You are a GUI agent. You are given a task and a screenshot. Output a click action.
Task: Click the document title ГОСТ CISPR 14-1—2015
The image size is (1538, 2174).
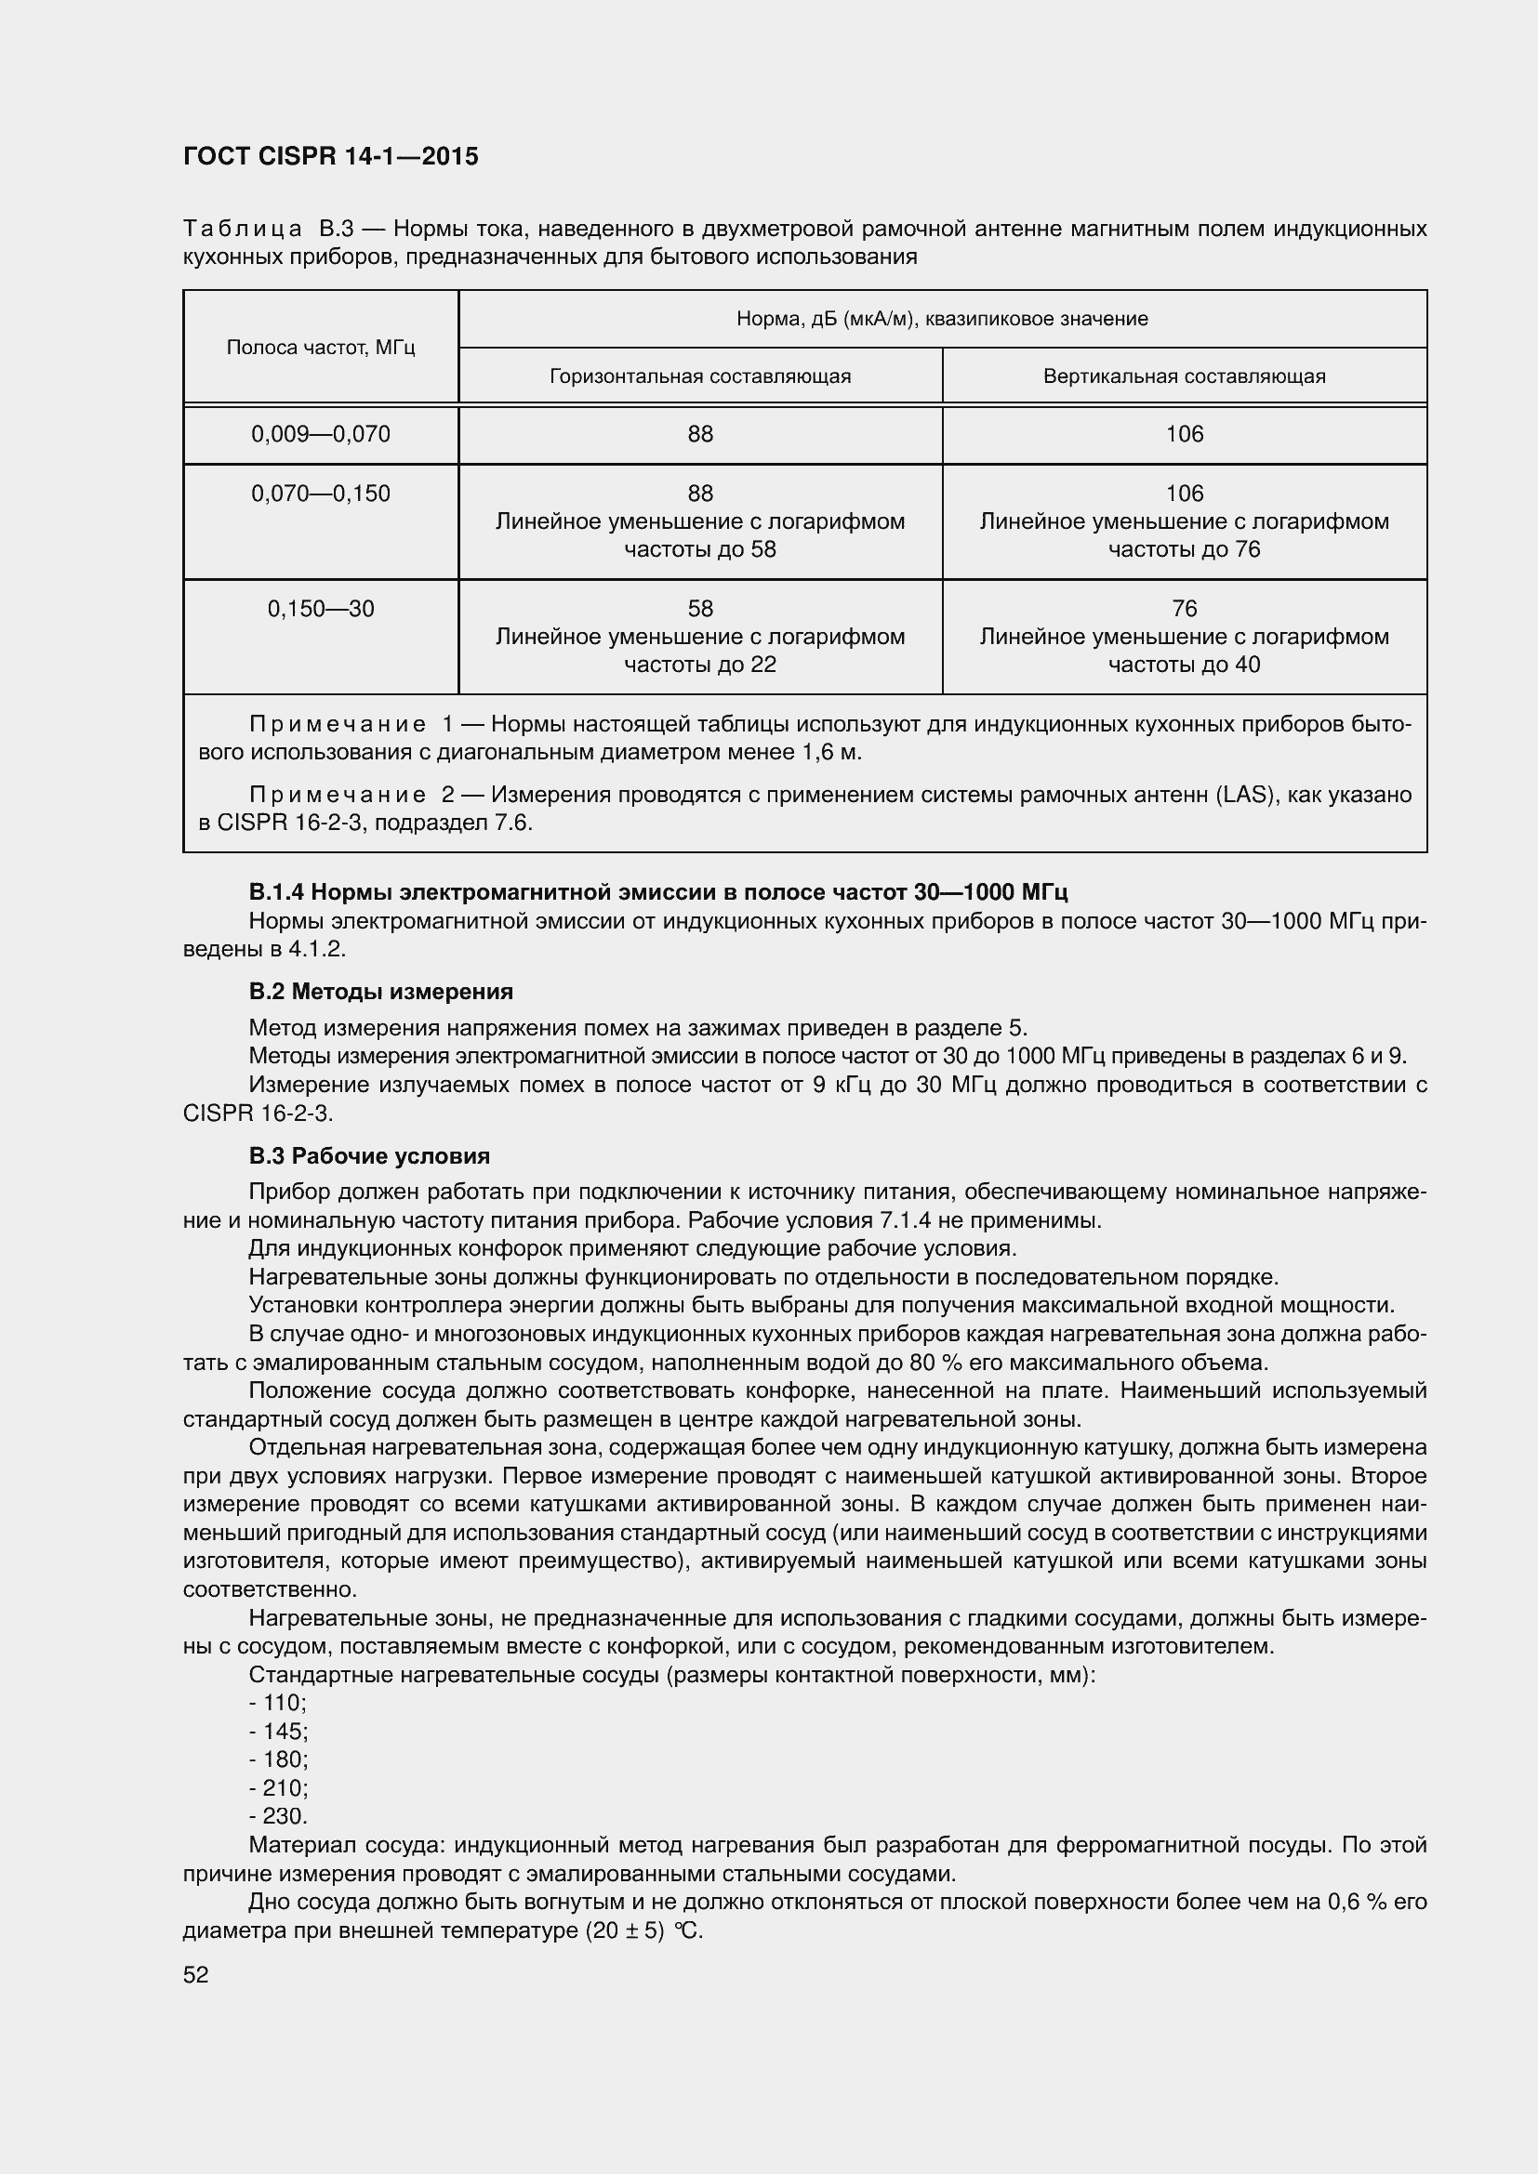coord(330,157)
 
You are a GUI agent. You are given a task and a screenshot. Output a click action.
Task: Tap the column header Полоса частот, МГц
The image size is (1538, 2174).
coord(321,348)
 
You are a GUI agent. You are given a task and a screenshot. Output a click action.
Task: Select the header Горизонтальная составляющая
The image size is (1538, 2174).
coord(700,376)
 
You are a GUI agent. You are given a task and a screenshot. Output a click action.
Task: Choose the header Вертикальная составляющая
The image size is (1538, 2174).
coord(1184,376)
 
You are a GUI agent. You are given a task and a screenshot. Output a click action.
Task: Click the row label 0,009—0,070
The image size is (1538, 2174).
coord(321,435)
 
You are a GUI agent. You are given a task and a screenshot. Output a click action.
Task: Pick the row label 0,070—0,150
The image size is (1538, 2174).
coord(321,494)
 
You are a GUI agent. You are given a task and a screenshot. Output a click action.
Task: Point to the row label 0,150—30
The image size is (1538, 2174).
coord(321,609)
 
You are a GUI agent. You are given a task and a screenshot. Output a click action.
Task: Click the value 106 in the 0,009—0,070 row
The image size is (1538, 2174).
coord(1184,435)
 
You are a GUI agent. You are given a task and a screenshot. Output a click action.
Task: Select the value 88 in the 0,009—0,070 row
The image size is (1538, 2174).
coord(700,435)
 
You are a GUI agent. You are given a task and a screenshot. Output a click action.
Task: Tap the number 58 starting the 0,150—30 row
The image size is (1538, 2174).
coord(700,608)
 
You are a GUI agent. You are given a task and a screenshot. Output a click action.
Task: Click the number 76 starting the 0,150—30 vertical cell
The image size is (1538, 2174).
coord(1184,608)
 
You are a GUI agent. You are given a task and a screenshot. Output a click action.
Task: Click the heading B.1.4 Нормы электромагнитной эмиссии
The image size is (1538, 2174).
coord(658,892)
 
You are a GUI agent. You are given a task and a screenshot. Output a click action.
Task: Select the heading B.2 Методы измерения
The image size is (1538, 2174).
coord(380,992)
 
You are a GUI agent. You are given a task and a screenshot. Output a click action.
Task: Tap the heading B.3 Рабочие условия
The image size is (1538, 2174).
coord(369,1156)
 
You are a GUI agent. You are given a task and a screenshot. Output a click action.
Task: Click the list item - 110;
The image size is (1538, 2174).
coord(277,1703)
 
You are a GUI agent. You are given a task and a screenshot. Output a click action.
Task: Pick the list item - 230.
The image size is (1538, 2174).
coord(278,1816)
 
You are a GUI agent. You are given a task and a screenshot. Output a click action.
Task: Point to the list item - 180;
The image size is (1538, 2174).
coord(278,1759)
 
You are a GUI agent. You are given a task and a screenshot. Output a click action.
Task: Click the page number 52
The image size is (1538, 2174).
coord(196,1975)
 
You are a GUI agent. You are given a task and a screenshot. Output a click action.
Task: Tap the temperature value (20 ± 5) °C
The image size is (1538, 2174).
coord(644,1930)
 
